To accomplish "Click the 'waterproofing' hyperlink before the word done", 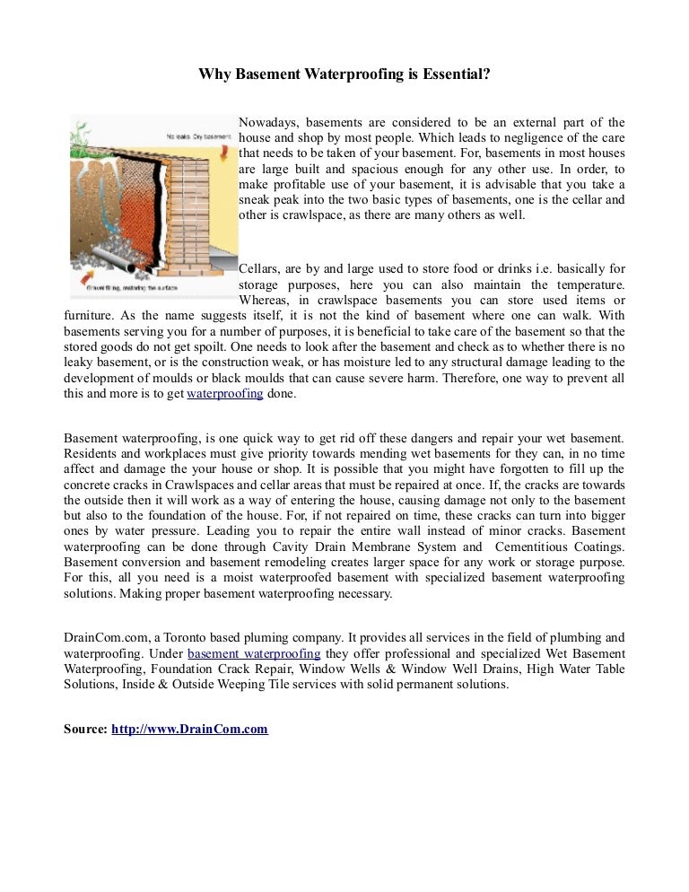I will (224, 394).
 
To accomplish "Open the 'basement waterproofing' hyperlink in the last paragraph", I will (254, 653).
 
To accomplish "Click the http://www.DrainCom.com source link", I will (189, 730).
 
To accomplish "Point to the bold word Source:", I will (85, 730).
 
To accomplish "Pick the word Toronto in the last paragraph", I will (191, 638).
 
